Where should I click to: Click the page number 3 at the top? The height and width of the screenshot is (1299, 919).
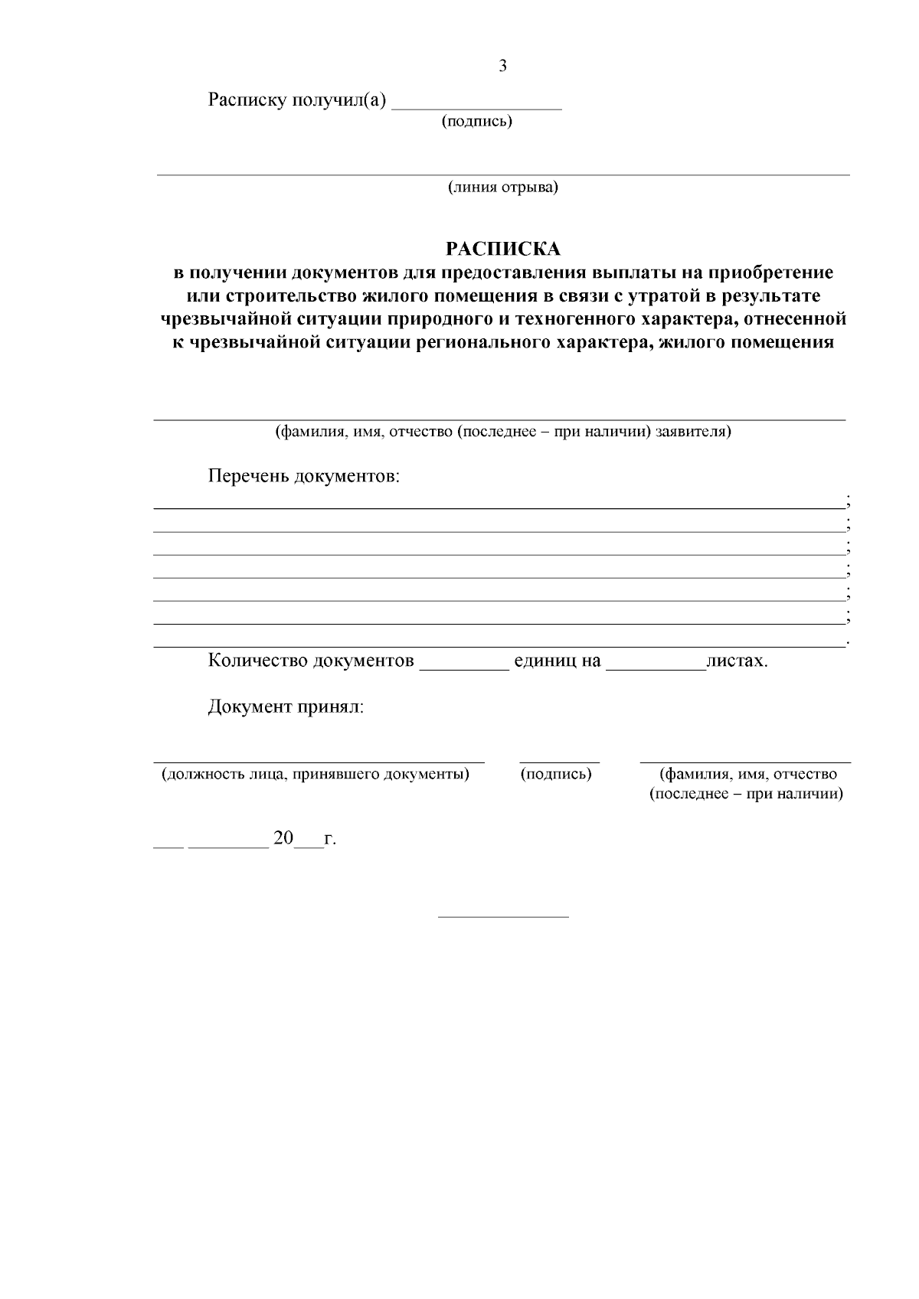502,66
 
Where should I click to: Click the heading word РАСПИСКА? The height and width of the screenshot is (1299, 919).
503,249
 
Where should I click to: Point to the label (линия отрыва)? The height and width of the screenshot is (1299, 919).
503,187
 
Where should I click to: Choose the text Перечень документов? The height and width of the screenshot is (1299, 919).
304,477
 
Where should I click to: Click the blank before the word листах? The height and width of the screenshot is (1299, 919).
656,664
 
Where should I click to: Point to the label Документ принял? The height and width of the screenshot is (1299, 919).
286,707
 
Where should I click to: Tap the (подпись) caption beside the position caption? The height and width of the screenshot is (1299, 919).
556,774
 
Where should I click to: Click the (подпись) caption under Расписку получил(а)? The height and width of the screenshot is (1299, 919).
476,121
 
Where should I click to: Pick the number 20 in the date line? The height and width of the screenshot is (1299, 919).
283,839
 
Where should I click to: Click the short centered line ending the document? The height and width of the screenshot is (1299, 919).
503,916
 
